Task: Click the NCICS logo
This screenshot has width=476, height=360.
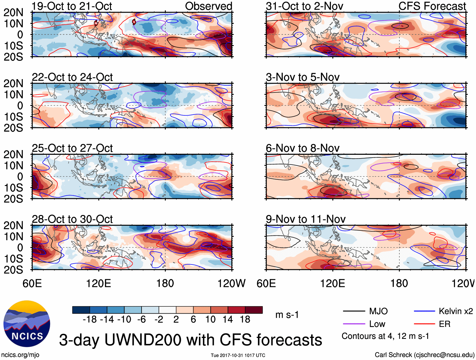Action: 27,324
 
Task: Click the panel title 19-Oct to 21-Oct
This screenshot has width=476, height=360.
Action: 72,6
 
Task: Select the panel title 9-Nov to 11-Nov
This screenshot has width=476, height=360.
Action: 305,219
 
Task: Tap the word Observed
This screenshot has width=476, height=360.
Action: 208,6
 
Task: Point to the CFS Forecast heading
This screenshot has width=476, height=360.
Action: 432,6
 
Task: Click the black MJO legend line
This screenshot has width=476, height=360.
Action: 354,311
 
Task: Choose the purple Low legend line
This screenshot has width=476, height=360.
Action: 354,324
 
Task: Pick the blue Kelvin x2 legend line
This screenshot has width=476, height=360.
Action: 424,311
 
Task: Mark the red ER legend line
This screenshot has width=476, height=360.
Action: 424,324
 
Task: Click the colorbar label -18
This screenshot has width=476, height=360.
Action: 90,320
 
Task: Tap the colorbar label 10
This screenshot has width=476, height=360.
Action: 210,320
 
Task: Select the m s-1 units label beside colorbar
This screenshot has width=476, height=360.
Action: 287,315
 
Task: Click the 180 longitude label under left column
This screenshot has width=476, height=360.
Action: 165,283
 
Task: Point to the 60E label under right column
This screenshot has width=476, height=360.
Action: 266,283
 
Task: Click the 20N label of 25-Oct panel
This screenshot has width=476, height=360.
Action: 13,154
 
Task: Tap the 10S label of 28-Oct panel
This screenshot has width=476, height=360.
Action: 13,259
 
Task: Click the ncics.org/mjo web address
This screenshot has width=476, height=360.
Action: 20,355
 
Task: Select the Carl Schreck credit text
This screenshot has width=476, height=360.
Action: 424,355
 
